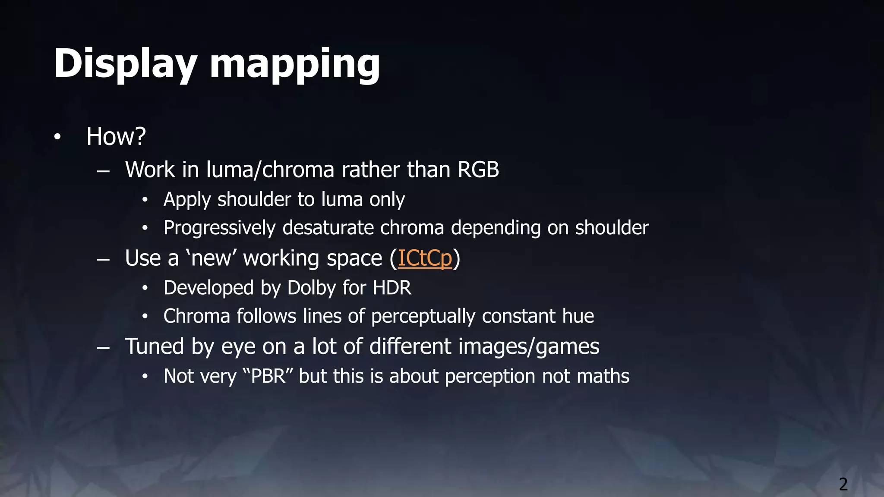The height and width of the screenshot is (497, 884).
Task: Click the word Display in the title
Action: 126,64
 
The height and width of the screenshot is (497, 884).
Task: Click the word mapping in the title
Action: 295,65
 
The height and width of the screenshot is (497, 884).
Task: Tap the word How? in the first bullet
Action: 116,136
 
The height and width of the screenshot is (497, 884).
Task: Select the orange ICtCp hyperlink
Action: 425,258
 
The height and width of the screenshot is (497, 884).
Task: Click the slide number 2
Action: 843,484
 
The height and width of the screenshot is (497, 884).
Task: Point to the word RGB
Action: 478,170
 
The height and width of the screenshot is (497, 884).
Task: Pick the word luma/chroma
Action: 270,170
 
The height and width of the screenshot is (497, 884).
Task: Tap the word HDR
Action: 392,288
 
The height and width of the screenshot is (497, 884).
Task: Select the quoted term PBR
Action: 268,376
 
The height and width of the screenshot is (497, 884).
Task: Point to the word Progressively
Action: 219,228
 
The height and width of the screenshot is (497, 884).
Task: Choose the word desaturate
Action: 328,228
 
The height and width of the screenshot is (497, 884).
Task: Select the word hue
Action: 578,316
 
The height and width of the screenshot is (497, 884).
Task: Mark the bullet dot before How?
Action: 57,137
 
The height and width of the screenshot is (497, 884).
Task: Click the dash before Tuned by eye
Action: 103,348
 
